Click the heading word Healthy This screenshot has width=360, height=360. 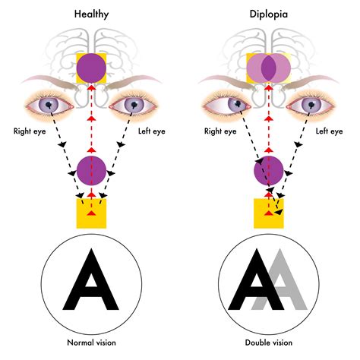pyautogui.click(x=91, y=14)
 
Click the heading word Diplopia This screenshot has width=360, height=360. pyautogui.click(x=267, y=14)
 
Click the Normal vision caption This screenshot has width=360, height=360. pyautogui.click(x=91, y=342)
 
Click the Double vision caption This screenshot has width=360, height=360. pyautogui.click(x=267, y=342)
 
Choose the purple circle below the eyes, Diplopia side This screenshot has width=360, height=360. pyautogui.click(x=267, y=170)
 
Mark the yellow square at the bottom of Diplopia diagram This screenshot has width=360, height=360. pyautogui.click(x=267, y=213)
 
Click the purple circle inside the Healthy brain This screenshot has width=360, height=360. pyautogui.click(x=92, y=67)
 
